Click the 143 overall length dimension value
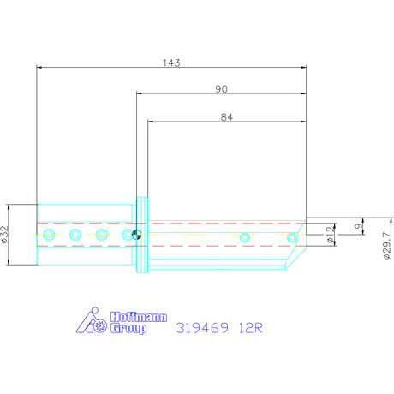coord(171,63)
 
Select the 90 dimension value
coord(221,89)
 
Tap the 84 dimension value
coord(227,119)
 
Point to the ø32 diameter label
coord(6,235)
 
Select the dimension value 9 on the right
coord(356,226)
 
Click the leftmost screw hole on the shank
coord(49,235)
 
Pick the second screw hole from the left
coord(75,235)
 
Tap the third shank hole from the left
coord(101,235)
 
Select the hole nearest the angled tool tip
coord(291,237)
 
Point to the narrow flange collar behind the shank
coord(141,236)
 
